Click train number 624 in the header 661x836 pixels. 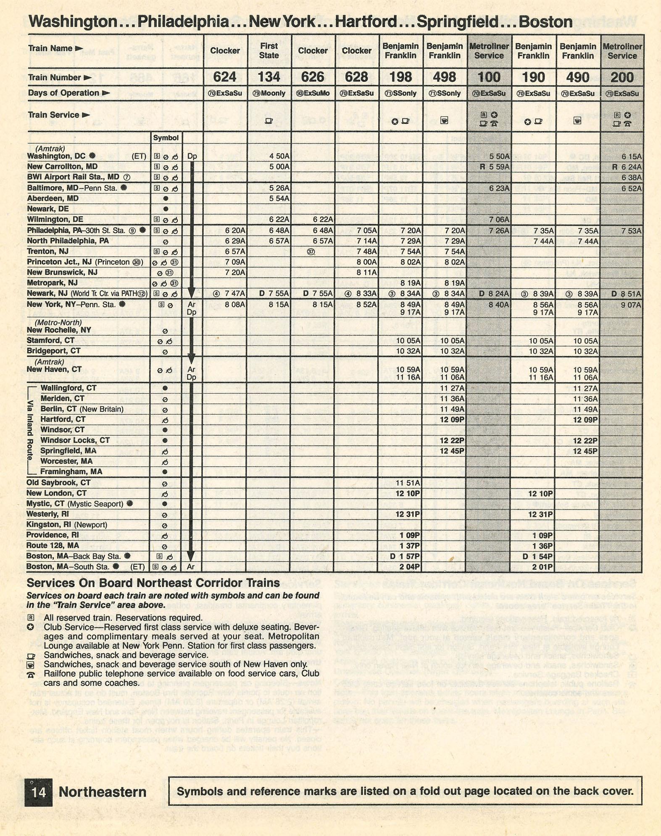tap(225, 77)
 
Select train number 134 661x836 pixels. tap(269, 77)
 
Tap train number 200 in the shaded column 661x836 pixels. tap(622, 78)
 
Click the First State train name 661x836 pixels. tap(269, 50)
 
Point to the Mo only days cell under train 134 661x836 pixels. tap(269, 93)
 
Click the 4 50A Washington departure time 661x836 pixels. tap(279, 156)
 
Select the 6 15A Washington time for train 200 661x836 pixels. tap(631, 157)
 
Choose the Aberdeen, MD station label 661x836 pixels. tap(53, 198)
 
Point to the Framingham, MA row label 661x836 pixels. tap(71, 472)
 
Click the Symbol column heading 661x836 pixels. tap(166, 138)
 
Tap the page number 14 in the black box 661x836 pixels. tap(38, 792)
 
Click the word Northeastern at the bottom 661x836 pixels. tap(103, 792)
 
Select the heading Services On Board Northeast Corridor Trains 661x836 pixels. tap(153, 583)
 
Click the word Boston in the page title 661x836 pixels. tap(545, 22)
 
